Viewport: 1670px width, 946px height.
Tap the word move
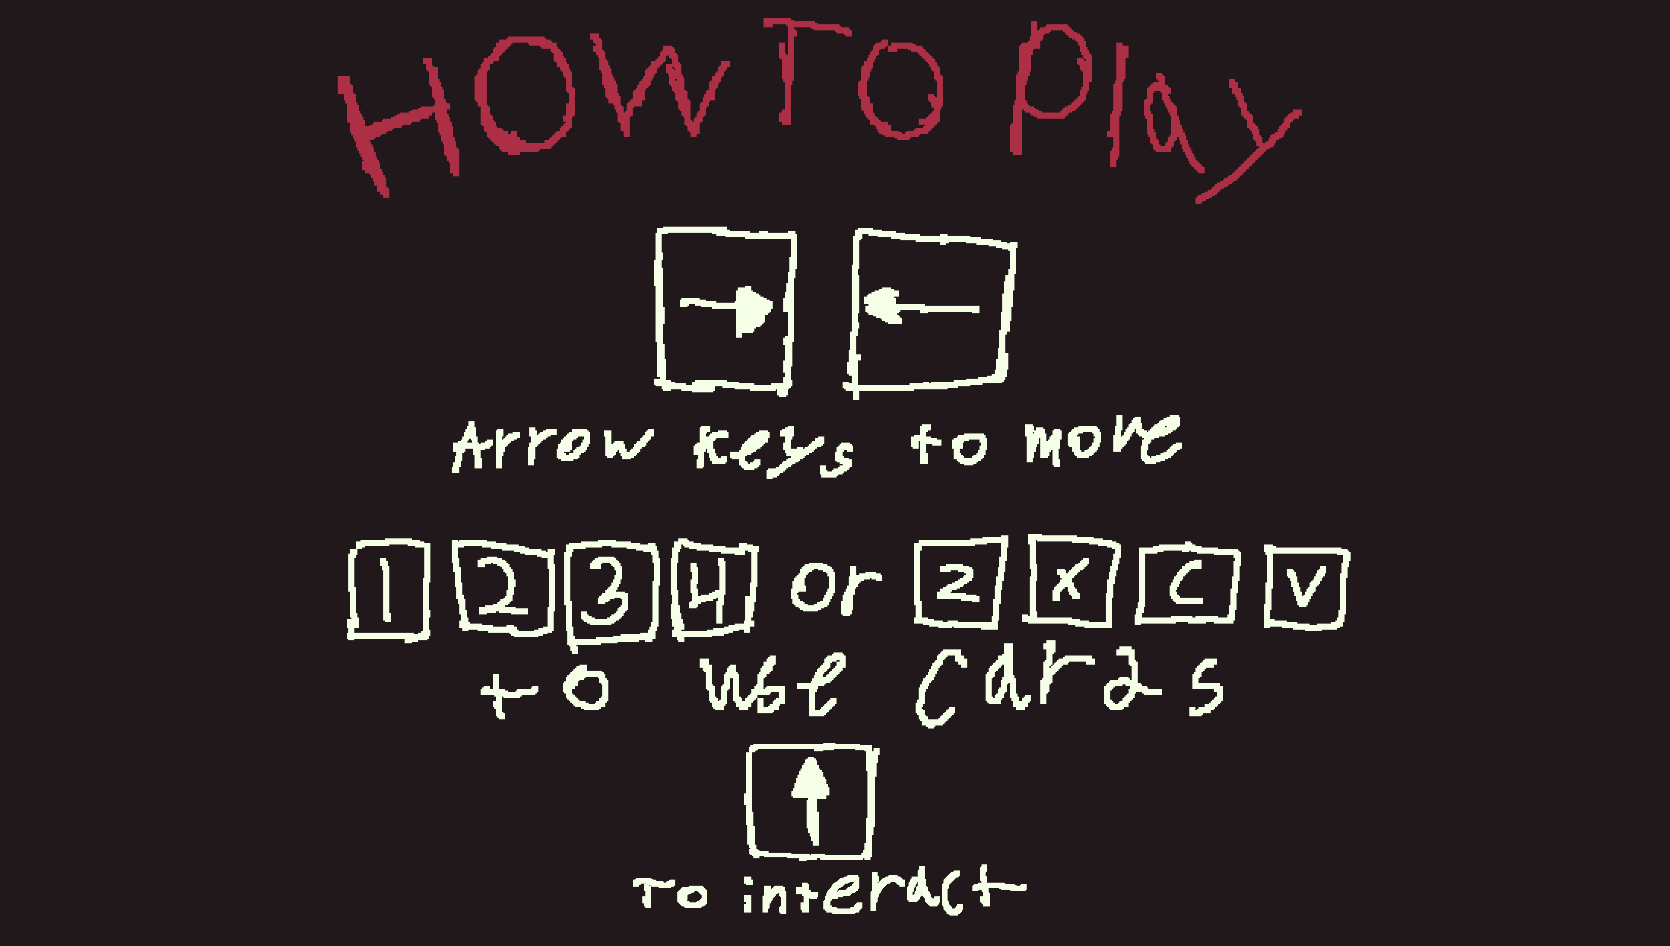1102,440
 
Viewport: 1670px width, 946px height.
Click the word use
773,685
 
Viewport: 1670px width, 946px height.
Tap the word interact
883,891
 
